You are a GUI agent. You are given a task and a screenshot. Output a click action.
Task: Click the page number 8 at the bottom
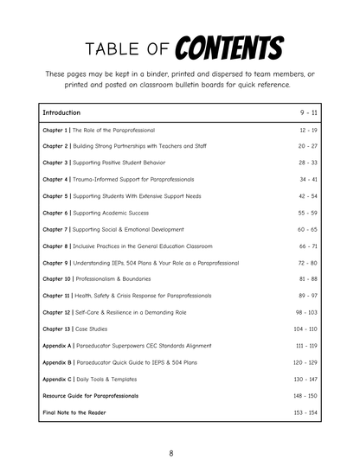[171, 453]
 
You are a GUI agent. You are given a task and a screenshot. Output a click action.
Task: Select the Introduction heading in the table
[61, 112]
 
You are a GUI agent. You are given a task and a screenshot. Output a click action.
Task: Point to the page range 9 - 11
[309, 112]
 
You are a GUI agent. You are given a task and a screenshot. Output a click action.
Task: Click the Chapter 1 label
[56, 130]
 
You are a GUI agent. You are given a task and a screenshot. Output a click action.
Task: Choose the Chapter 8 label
[56, 246]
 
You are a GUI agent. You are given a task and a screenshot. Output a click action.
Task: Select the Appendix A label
[58, 346]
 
